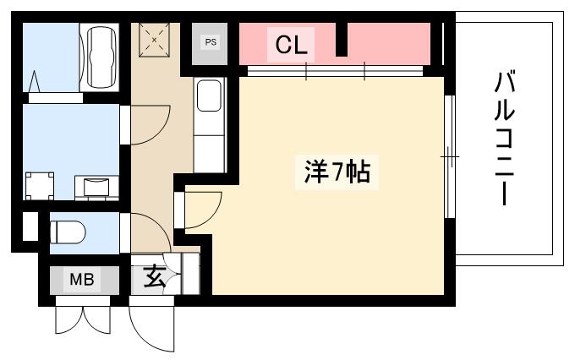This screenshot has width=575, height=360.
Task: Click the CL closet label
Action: pos(291,45)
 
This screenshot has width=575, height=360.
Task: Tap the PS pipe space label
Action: pos(211,42)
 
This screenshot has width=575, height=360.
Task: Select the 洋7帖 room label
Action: pos(337,172)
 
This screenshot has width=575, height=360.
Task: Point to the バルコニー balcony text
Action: pos(504,139)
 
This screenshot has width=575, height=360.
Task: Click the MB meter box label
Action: pos(82,280)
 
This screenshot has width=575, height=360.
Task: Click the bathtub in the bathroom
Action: pos(100,57)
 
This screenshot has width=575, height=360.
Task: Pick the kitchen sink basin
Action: pos(209,95)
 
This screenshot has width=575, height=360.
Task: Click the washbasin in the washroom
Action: pos(96,188)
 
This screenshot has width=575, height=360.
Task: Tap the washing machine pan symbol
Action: pos(39,186)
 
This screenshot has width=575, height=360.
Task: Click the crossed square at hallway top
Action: pos(154,40)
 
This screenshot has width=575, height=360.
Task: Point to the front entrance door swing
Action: pos(151,324)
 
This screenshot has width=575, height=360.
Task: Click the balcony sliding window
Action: pos(450,156)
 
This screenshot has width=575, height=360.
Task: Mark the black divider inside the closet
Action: pos(342,40)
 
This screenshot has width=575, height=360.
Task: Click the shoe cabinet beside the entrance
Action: pos(191,274)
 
